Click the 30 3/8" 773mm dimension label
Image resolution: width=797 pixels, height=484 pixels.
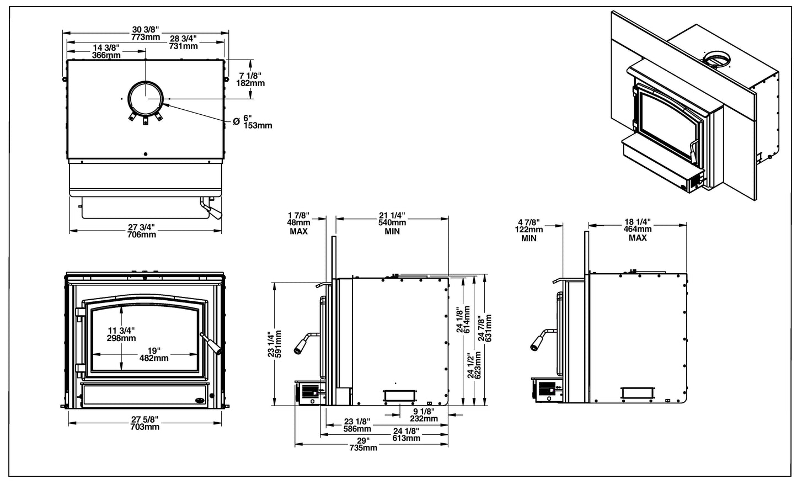146,33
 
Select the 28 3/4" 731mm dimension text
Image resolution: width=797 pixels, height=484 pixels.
183,42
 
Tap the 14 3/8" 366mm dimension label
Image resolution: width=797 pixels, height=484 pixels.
106,51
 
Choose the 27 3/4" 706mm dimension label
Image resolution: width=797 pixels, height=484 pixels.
142,230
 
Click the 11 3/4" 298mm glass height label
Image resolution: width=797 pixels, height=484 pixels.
121,334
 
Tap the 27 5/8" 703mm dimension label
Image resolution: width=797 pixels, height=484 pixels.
145,423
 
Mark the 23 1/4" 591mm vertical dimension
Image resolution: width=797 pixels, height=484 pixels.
275,344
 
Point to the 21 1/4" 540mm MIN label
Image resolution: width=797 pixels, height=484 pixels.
392,222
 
